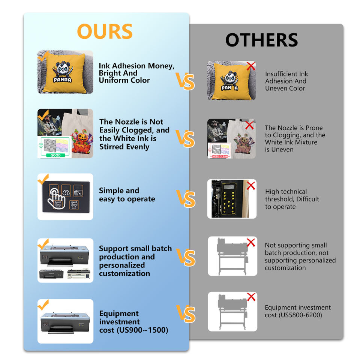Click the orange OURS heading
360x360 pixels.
pos(105,31)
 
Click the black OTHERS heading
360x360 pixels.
pos(261,40)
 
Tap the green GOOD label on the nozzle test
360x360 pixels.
pos(55,155)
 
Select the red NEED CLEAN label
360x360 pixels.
pos(220,156)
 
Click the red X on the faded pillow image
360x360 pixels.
pos(251,66)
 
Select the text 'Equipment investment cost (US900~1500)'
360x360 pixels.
pos(133,322)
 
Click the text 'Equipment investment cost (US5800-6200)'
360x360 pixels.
pos(297,311)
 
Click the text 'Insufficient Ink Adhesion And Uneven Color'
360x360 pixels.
pos(286,81)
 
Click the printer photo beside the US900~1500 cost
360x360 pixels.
pos(65,322)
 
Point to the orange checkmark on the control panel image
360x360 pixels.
pos(43,180)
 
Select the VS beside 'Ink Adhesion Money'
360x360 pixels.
pos(185,81)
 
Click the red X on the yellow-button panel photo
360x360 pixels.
pos(251,185)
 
